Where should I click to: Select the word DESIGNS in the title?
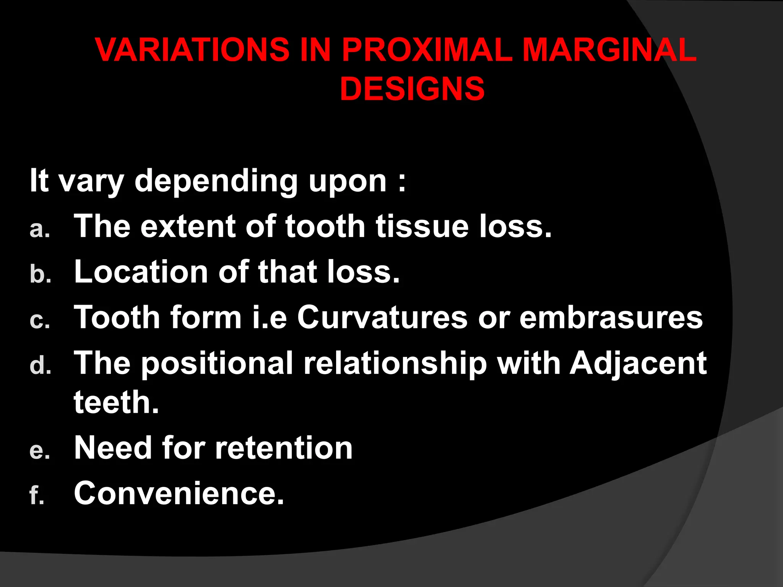412,89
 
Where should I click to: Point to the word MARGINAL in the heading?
609,50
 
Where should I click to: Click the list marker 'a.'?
40,229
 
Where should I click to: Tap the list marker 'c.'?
40,320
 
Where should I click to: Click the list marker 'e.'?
40,450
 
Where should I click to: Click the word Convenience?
179,493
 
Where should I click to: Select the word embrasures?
611,318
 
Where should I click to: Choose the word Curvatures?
382,318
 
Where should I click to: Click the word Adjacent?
638,363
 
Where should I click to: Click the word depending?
216,181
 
